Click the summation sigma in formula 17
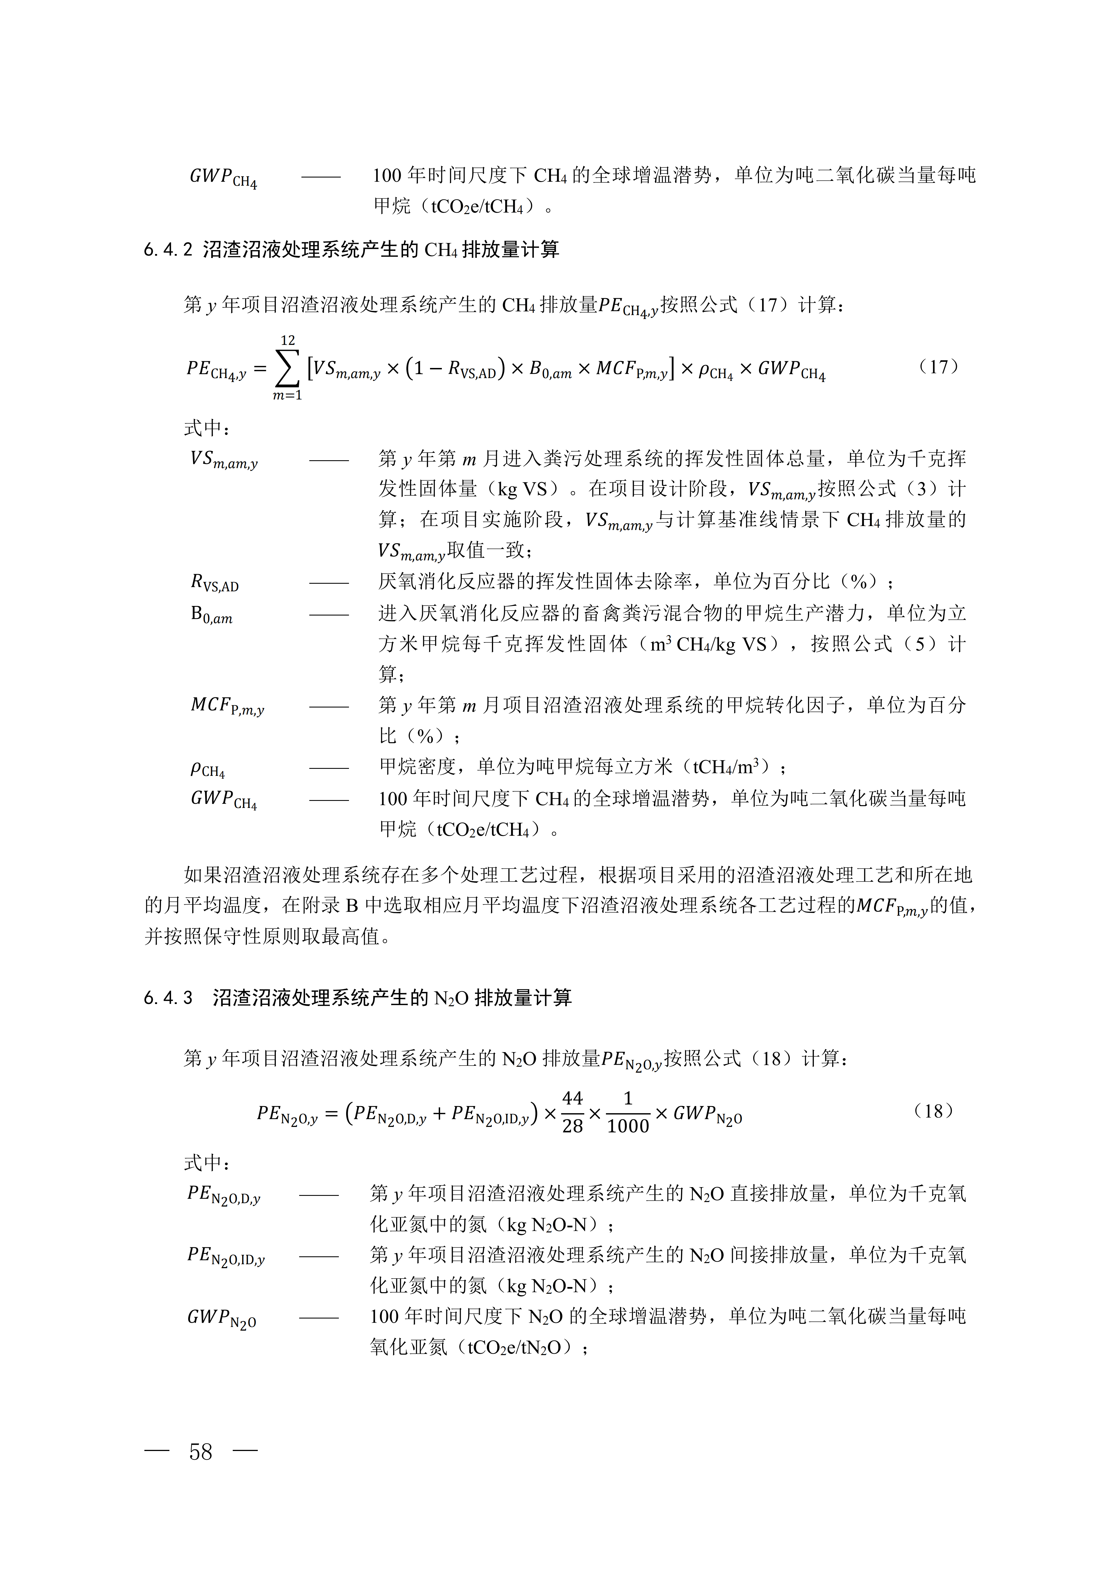pyautogui.click(x=288, y=369)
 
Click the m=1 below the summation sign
pyautogui.click(x=288, y=396)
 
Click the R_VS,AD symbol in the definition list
pyautogui.click(x=215, y=583)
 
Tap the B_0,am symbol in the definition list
pyautogui.click(x=211, y=614)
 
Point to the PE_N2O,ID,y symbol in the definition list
pyautogui.click(x=226, y=1256)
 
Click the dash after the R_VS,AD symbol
pyautogui.click(x=329, y=583)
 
